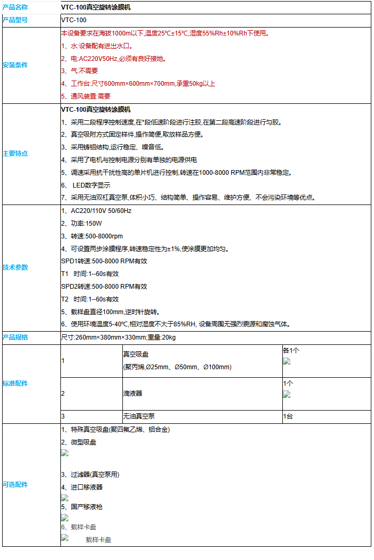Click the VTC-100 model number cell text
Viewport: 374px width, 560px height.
(x=74, y=20)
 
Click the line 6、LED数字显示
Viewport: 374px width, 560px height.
(x=86, y=185)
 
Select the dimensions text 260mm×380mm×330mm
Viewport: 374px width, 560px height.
(x=106, y=337)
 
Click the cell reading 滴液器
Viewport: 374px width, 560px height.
(x=132, y=394)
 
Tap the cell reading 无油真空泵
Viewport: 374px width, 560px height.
(x=139, y=416)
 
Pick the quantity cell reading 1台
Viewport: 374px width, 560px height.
(x=288, y=416)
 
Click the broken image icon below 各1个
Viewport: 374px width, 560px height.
(x=287, y=361)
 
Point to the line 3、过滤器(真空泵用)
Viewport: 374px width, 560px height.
(x=90, y=475)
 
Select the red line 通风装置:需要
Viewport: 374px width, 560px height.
(x=86, y=96)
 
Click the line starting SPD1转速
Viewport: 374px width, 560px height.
(x=104, y=261)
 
